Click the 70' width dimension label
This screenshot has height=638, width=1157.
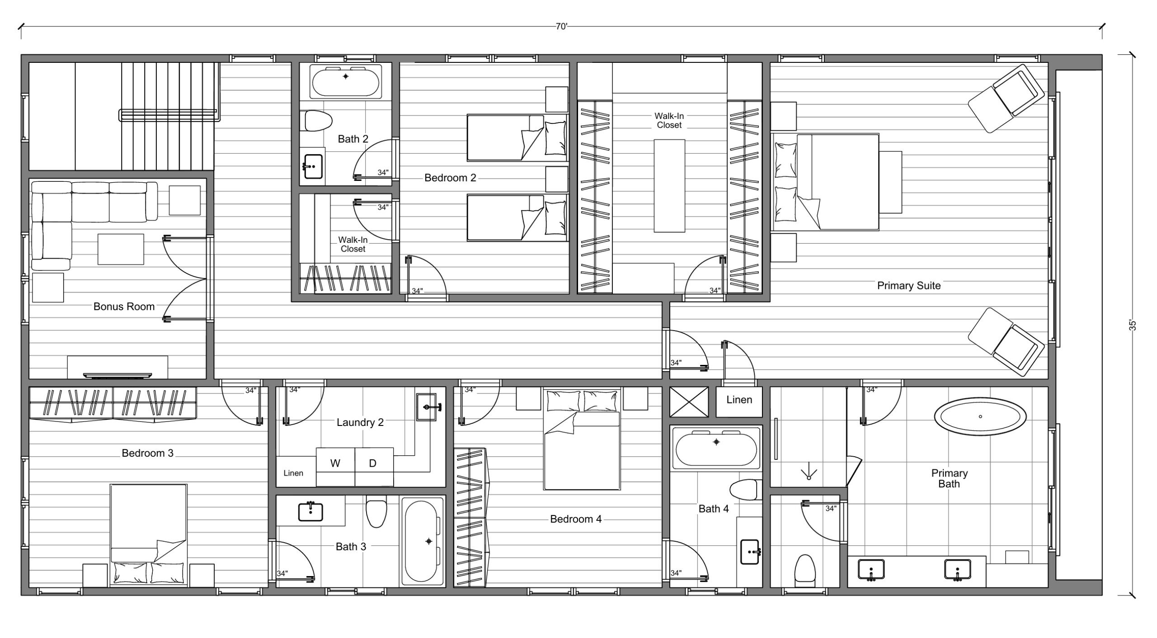(561, 27)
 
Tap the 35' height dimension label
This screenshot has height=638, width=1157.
(1132, 326)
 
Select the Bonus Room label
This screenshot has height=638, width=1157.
(124, 307)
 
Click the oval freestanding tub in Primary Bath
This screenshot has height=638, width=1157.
(980, 416)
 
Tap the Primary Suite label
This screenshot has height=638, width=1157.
(908, 286)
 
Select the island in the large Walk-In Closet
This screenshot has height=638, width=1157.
(669, 185)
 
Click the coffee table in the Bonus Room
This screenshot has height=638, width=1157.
(121, 249)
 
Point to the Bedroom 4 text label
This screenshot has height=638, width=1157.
(576, 519)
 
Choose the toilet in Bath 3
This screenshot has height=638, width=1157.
(376, 511)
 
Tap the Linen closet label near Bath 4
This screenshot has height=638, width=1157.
(739, 400)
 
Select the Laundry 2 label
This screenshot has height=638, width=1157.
(360, 422)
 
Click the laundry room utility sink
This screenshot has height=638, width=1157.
(428, 407)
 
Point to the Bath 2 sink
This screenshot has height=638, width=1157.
(313, 166)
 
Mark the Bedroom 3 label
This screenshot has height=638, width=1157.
(147, 453)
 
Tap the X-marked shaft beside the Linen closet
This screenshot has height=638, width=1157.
(689, 402)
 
